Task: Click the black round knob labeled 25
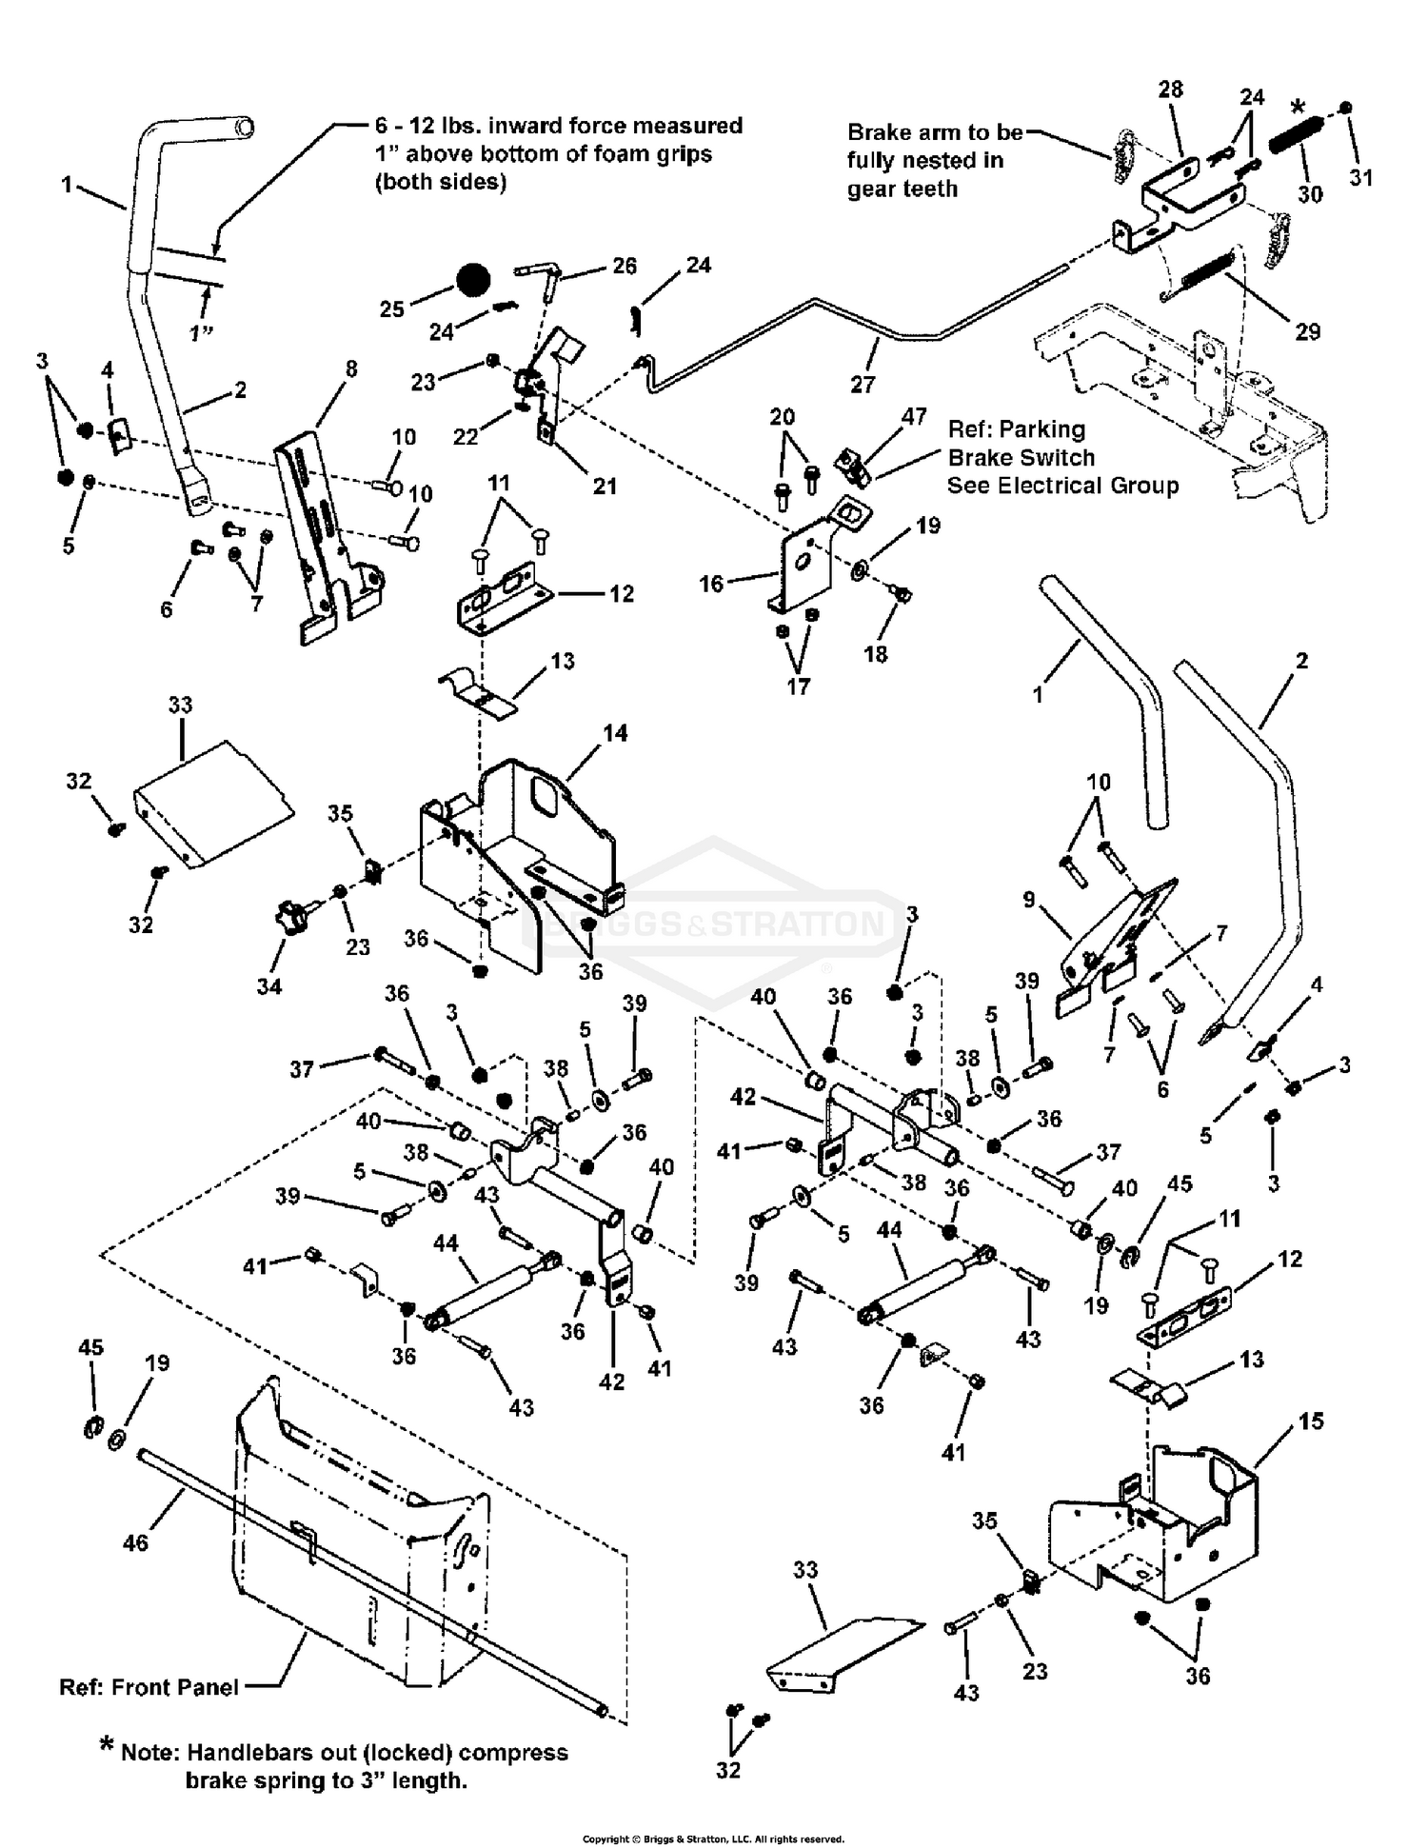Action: (472, 281)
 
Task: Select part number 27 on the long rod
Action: (863, 384)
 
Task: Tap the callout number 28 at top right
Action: (1170, 89)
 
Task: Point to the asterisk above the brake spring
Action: (1298, 107)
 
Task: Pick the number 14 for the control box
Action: (615, 733)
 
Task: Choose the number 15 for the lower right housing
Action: (1310, 1421)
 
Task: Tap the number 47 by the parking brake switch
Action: (914, 416)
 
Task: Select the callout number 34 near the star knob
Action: (269, 986)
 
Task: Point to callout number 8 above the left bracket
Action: (351, 368)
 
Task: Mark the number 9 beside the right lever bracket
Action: (1029, 899)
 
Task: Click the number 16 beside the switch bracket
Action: (711, 584)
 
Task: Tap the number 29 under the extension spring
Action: (1307, 331)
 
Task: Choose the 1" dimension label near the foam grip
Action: (201, 334)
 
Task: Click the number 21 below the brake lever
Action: (605, 486)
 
